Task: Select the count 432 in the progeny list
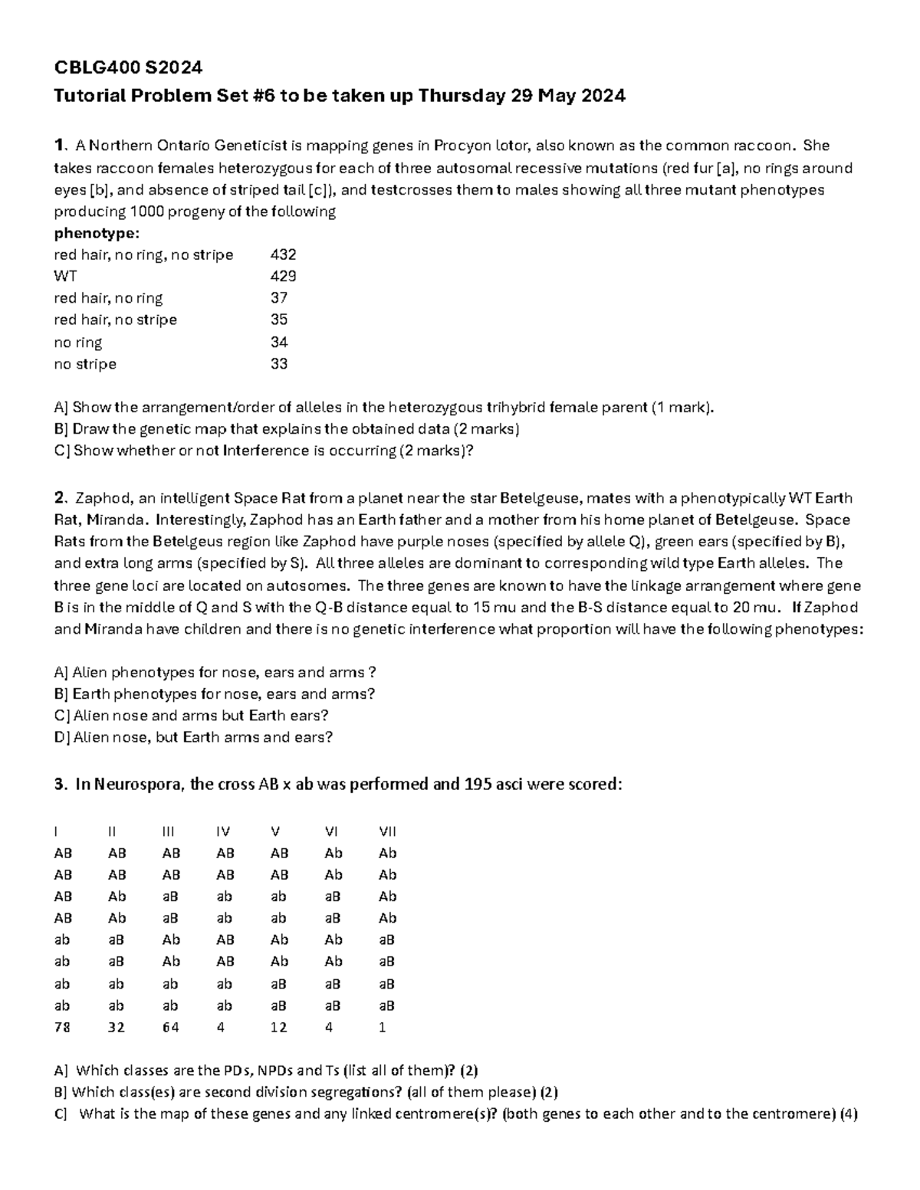(283, 254)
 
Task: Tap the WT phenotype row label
(64, 276)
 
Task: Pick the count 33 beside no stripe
(279, 364)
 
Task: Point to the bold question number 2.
(59, 498)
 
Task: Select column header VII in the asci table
(387, 831)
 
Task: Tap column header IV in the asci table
(223, 831)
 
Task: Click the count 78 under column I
(62, 1028)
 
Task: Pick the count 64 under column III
(170, 1028)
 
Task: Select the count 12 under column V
(278, 1028)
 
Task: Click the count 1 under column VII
(383, 1028)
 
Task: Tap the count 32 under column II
(117, 1028)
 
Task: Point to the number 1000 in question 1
(147, 211)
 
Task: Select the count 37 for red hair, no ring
(279, 298)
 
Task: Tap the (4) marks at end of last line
(848, 1114)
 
